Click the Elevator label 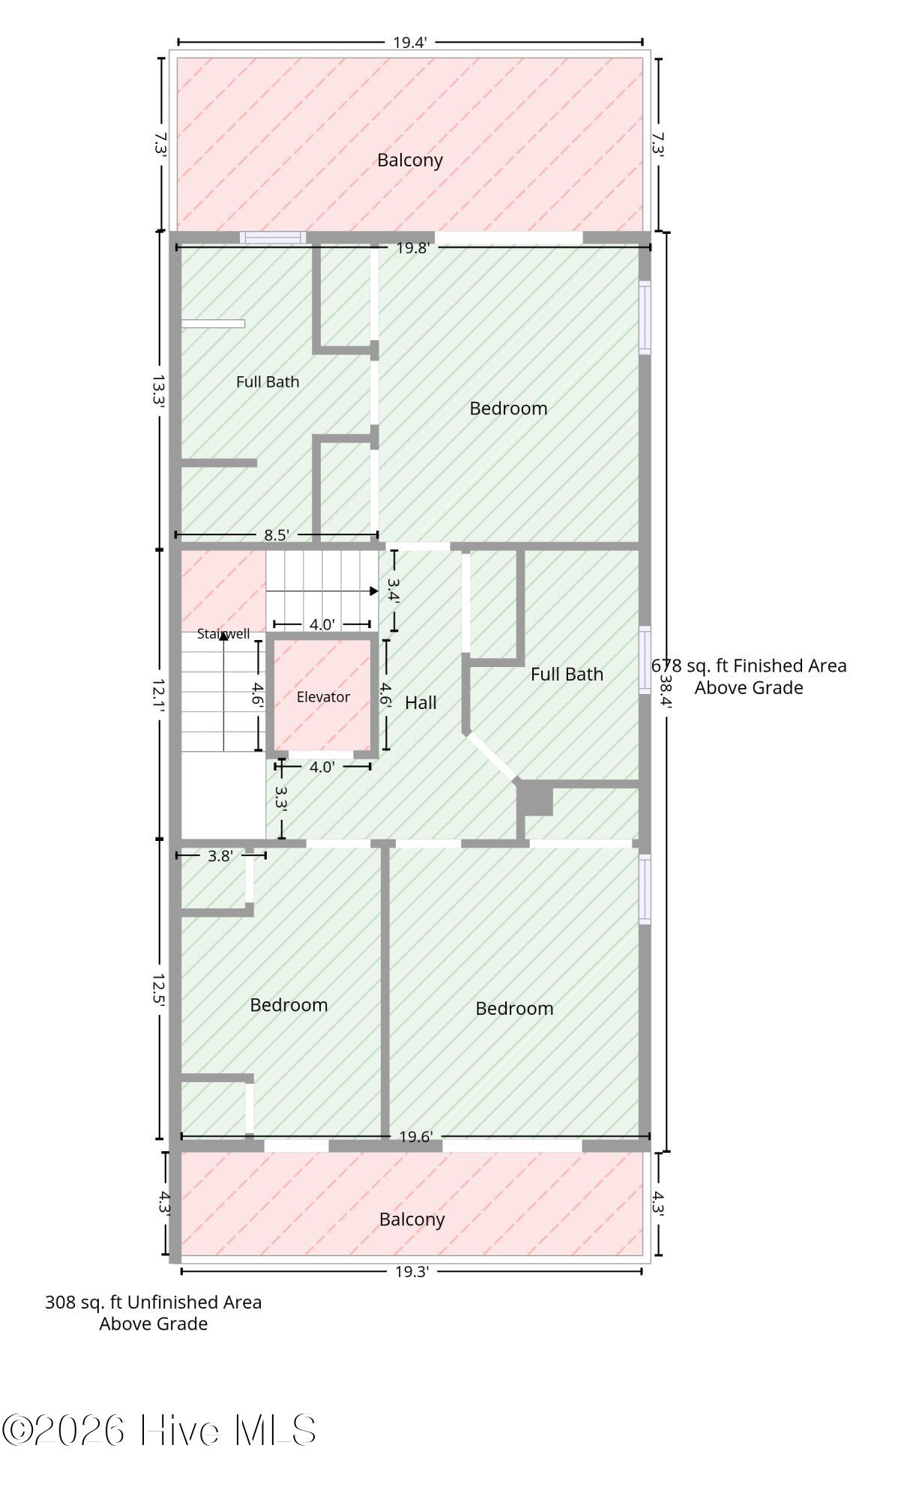(323, 697)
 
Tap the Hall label (421, 703)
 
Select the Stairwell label (223, 634)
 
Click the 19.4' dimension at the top (410, 43)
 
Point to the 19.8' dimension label (412, 248)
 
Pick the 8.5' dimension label (277, 535)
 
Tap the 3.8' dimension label (220, 856)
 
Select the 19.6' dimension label (416, 1137)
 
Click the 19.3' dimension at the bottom (412, 1271)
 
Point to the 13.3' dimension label (158, 391)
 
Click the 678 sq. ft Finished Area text (749, 666)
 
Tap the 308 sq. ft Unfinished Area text (154, 1302)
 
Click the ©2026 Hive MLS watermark (159, 1430)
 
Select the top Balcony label (410, 160)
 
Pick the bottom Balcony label (412, 1219)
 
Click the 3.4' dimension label (394, 590)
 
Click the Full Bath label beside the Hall (567, 674)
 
